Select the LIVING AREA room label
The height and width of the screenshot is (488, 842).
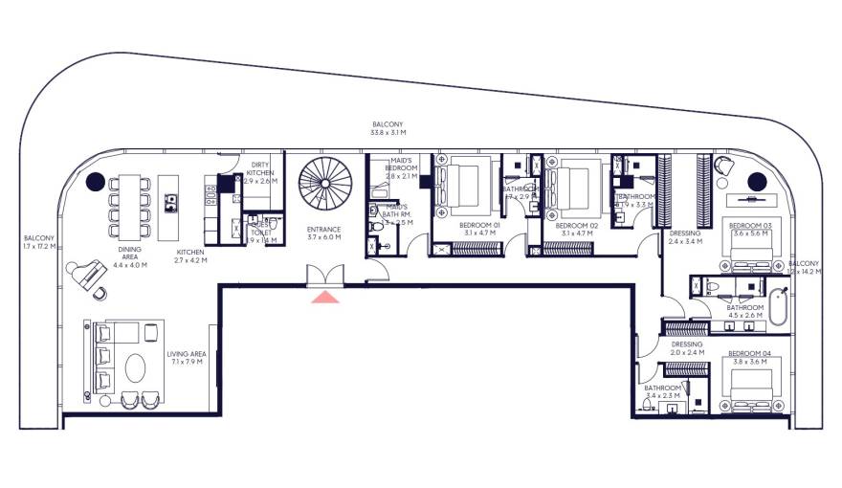[x=187, y=354]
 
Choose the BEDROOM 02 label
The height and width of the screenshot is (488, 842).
[x=577, y=224]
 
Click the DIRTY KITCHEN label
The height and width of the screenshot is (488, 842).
[x=260, y=168]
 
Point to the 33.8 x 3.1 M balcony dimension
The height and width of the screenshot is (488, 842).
[x=388, y=133]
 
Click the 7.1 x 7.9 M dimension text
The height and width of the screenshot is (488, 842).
[x=187, y=363]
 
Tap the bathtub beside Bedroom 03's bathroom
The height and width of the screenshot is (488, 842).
[x=779, y=304]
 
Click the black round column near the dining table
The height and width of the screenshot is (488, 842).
[x=97, y=182]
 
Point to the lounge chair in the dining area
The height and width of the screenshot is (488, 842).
[x=88, y=275]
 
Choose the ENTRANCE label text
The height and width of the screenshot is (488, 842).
[x=324, y=230]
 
